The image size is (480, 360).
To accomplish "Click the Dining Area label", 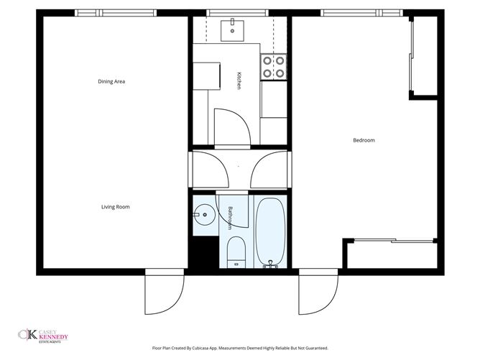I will [111, 81].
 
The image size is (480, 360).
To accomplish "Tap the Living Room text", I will [115, 207].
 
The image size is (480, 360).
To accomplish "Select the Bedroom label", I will [364, 140].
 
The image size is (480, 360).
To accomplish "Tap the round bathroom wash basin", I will [204, 214].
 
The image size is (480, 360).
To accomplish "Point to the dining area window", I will [116, 12].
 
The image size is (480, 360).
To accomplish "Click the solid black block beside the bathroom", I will [202, 254].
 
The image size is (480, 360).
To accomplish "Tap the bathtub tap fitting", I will [271, 263].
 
